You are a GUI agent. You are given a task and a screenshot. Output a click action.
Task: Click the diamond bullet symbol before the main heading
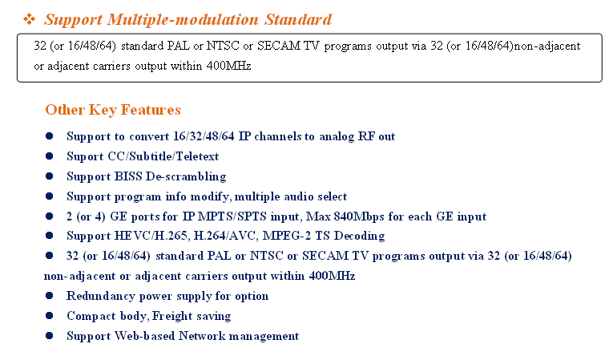(x=30, y=18)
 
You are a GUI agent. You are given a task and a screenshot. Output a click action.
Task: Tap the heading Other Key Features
(x=113, y=110)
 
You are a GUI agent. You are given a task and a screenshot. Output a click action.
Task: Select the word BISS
(x=125, y=176)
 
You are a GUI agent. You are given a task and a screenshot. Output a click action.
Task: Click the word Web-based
(x=146, y=336)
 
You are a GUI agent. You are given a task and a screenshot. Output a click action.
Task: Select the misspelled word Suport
(x=85, y=156)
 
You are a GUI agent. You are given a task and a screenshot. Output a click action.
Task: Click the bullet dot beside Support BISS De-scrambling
(x=50, y=176)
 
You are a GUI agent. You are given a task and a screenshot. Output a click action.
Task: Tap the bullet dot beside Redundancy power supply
(x=50, y=296)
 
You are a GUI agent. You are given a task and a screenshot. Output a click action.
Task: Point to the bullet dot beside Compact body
(x=50, y=316)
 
